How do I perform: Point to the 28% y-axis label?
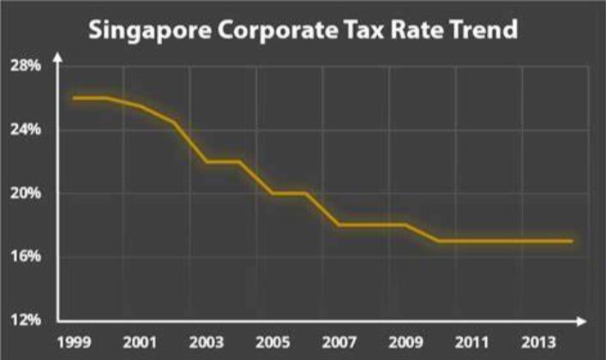click(x=25, y=66)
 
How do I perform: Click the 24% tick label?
click(x=25, y=129)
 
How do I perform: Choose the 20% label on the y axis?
click(x=25, y=193)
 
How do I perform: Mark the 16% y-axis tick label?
click(x=25, y=256)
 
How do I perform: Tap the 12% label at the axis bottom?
click(x=25, y=320)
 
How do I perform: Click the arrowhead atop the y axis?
click(x=57, y=57)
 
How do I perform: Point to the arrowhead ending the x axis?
click(x=584, y=321)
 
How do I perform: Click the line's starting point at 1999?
click(x=74, y=98)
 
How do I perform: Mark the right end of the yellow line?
click(x=571, y=241)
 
